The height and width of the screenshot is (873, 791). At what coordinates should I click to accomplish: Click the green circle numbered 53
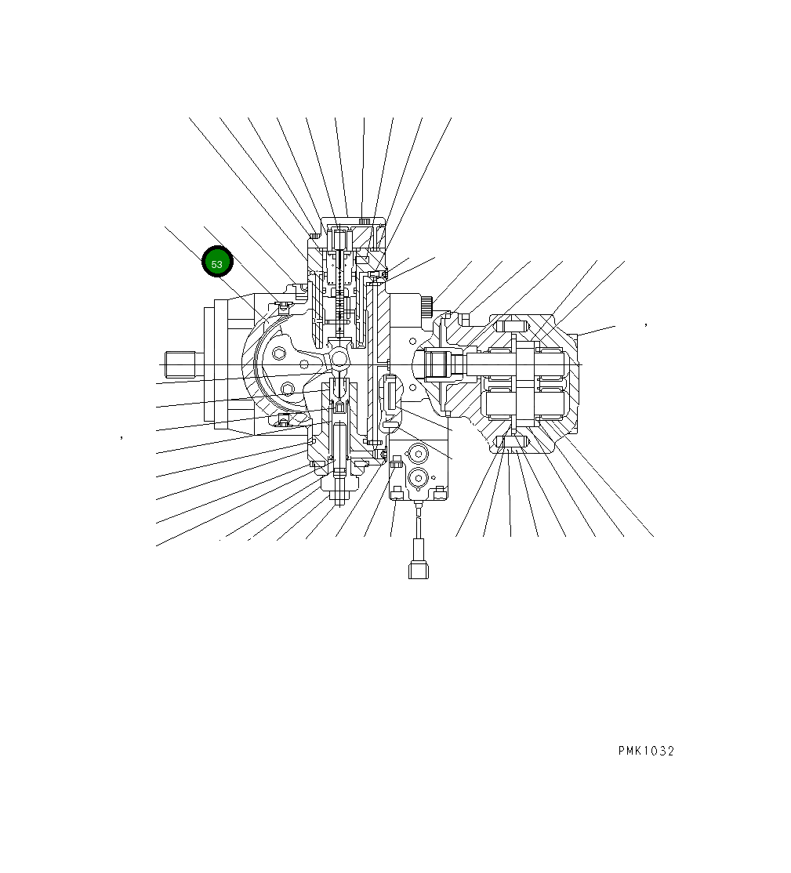[x=217, y=263]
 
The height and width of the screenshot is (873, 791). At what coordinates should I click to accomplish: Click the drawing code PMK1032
[x=645, y=751]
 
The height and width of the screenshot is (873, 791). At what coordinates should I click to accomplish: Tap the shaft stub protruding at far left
[x=180, y=364]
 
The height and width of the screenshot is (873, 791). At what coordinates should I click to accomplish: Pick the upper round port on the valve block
[x=416, y=455]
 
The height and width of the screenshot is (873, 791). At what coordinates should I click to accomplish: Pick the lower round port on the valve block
[x=416, y=477]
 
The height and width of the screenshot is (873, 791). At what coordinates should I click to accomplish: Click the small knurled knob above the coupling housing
[x=426, y=306]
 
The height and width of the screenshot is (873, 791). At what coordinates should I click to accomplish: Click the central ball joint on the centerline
[x=339, y=358]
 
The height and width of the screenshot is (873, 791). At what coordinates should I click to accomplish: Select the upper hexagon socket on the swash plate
[x=279, y=354]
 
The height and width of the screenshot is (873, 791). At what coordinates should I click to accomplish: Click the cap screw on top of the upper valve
[x=363, y=222]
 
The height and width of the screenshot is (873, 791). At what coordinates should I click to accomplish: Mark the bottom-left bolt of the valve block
[x=397, y=491]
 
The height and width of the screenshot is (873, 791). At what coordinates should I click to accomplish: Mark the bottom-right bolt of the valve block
[x=440, y=491]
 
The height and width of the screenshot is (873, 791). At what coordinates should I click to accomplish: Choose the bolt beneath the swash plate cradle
[x=281, y=423]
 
